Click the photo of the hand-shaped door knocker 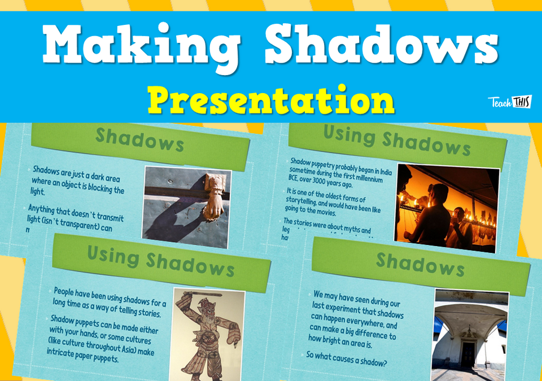187,207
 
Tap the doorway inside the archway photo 468,353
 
